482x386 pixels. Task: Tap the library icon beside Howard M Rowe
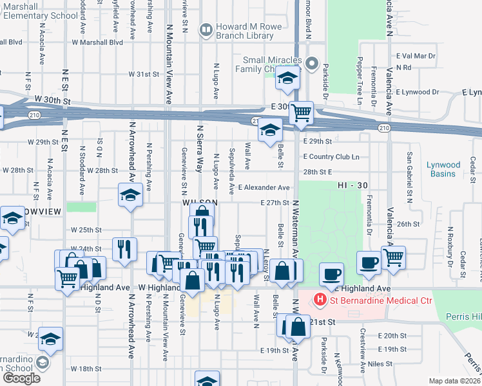206,28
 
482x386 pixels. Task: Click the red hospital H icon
319,300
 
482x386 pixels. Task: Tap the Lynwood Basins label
443,169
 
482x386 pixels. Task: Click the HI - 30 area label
352,185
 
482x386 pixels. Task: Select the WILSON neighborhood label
197,202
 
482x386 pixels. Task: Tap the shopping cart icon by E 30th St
301,113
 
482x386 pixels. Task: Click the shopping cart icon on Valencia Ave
393,257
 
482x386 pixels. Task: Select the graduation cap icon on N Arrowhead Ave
130,195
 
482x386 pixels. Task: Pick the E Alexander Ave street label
264,187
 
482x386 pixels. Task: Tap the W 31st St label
143,74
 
